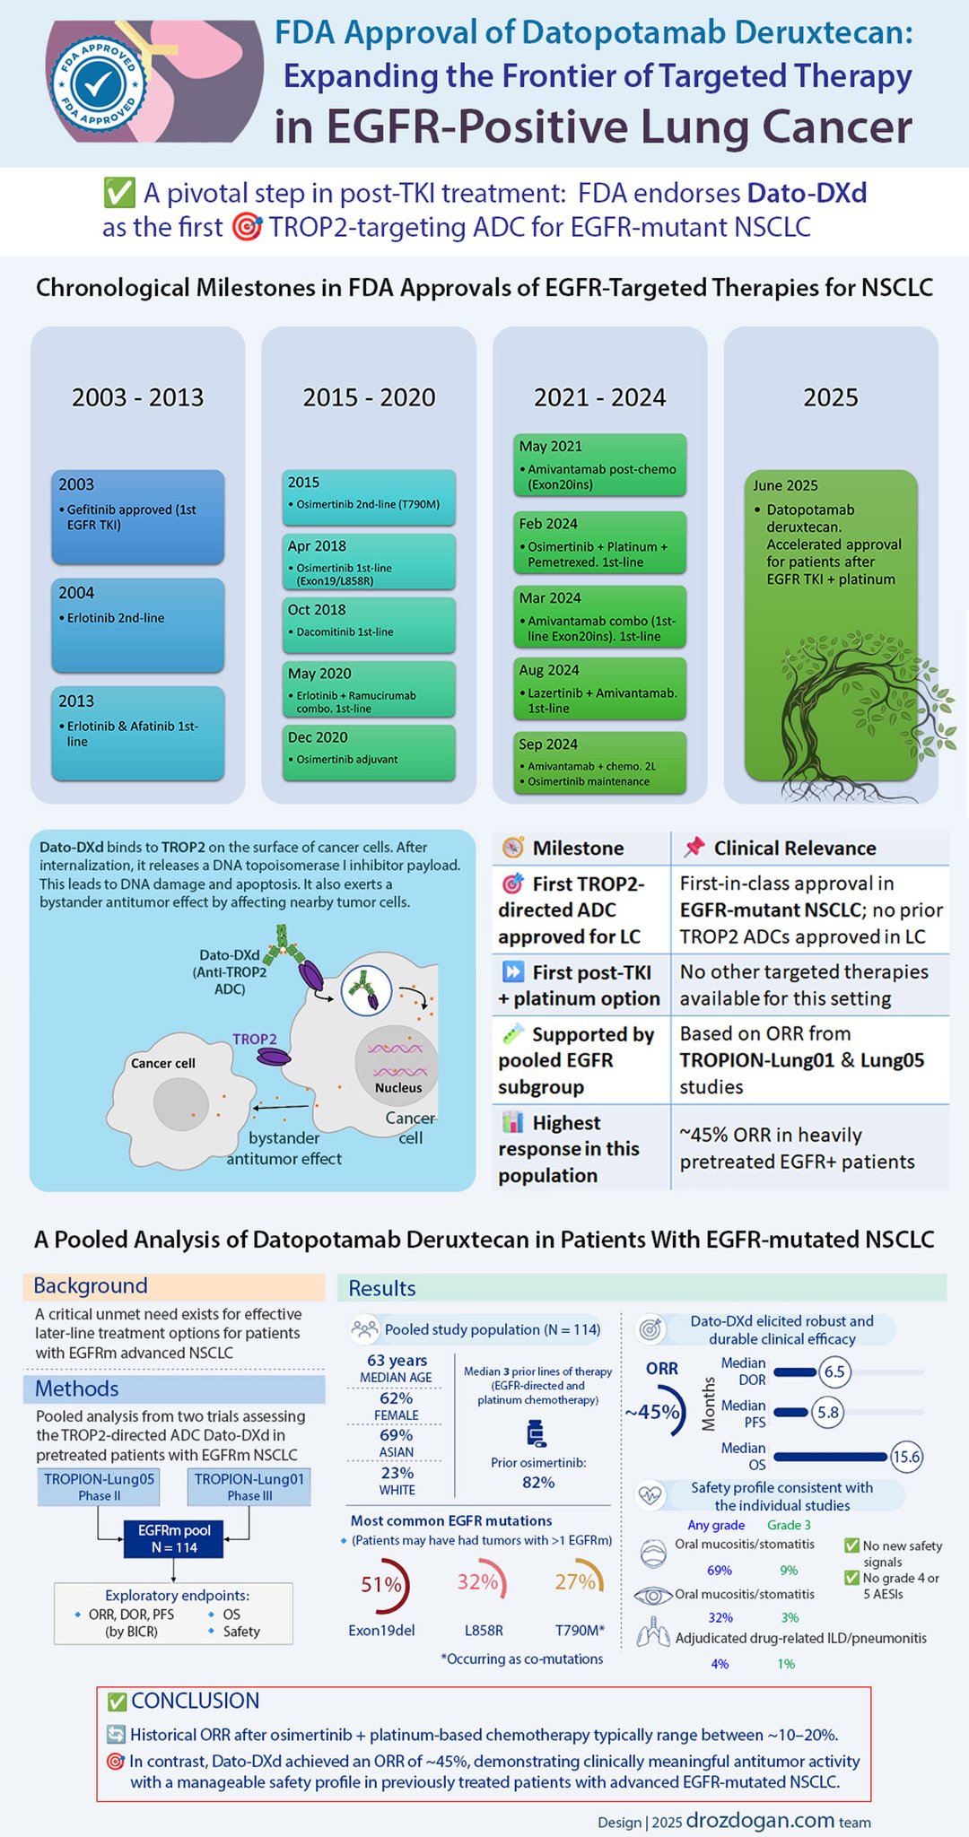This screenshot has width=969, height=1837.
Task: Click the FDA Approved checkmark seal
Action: coord(99,83)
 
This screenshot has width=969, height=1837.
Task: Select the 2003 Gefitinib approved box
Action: coord(137,517)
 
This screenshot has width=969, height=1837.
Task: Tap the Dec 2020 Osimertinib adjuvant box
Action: coord(370,752)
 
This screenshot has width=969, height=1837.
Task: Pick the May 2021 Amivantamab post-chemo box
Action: coord(599,465)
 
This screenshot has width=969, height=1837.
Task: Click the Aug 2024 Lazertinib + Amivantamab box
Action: coord(599,688)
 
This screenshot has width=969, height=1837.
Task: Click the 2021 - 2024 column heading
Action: coord(599,397)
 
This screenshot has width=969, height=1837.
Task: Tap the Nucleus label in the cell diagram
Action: coord(398,1088)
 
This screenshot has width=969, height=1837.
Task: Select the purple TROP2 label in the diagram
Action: coord(255,1039)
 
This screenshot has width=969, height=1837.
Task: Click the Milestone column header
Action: coord(578,848)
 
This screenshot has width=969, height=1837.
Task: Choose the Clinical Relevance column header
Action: coord(795,848)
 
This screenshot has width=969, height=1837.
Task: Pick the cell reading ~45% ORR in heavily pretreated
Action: coord(798,1148)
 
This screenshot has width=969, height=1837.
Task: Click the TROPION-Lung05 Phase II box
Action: coord(100,1486)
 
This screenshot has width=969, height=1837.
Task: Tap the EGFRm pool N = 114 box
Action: coord(174,1539)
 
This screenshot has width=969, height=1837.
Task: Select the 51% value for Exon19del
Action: coord(380,1585)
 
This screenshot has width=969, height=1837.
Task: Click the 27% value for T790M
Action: coord(575,1582)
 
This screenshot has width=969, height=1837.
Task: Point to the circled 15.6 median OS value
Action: coord(906,1457)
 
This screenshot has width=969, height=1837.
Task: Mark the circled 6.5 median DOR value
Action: coord(834,1371)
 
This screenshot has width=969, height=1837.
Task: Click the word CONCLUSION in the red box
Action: coord(195,1701)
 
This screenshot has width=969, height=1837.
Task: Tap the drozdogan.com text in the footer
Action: coord(760,1820)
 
